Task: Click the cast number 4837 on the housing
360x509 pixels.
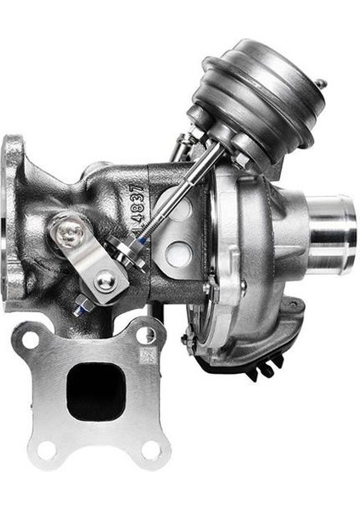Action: [138, 207]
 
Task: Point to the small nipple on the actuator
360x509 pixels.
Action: [321, 84]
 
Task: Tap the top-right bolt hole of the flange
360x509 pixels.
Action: [148, 333]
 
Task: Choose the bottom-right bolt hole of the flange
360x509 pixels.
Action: [154, 449]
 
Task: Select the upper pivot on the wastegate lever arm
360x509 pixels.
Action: [70, 232]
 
